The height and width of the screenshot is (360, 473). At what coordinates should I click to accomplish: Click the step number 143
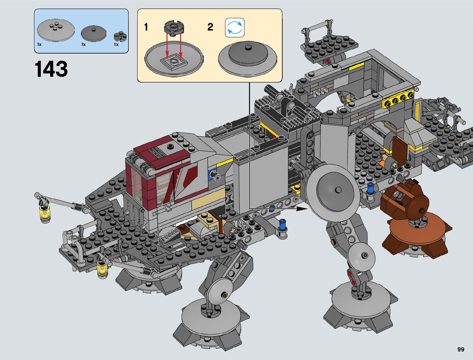pos(51,69)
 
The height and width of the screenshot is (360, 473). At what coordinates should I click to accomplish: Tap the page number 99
pos(461,349)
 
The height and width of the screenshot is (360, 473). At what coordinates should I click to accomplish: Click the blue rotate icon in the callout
pos(235,28)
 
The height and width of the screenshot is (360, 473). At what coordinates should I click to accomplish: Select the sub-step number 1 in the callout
pos(146,27)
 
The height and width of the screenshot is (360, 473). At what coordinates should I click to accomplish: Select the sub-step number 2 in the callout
pos(210,27)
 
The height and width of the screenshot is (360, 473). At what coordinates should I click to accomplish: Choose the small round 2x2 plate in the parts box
pos(120,37)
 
